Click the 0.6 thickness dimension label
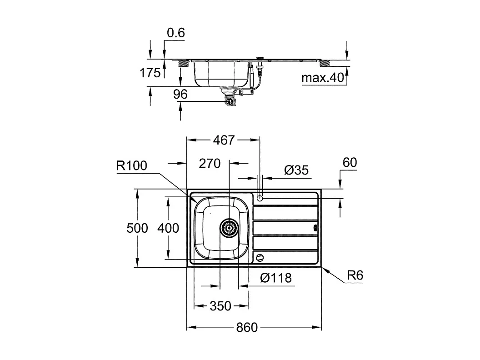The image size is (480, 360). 176,33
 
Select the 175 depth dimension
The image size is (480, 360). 150,73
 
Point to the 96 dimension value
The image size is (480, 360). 180,94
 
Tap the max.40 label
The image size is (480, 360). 323,78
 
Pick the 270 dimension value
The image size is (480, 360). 210,163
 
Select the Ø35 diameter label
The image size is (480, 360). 296,170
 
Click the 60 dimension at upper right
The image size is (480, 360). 350,162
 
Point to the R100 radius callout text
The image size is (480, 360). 132,166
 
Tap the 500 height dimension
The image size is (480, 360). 137,228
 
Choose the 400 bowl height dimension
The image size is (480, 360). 168,228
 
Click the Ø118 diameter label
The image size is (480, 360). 276,278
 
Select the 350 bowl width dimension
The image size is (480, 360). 220,306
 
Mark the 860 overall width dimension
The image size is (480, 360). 247,327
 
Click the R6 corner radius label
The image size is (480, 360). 355,275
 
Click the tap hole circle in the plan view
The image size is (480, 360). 260,198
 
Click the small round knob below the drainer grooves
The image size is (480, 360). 260,258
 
